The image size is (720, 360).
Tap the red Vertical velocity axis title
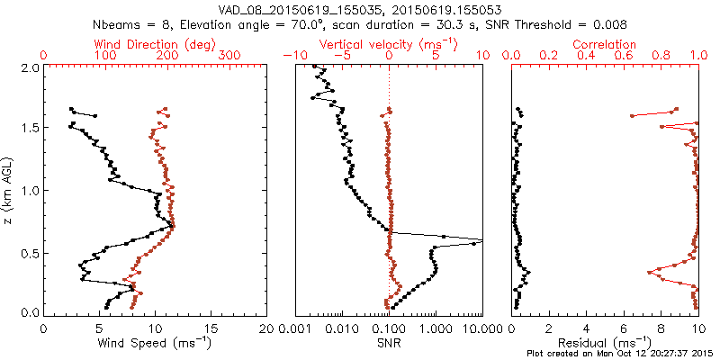[388, 44]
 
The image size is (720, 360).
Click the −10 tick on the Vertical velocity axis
[292, 56]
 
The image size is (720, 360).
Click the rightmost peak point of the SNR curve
[481, 241]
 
